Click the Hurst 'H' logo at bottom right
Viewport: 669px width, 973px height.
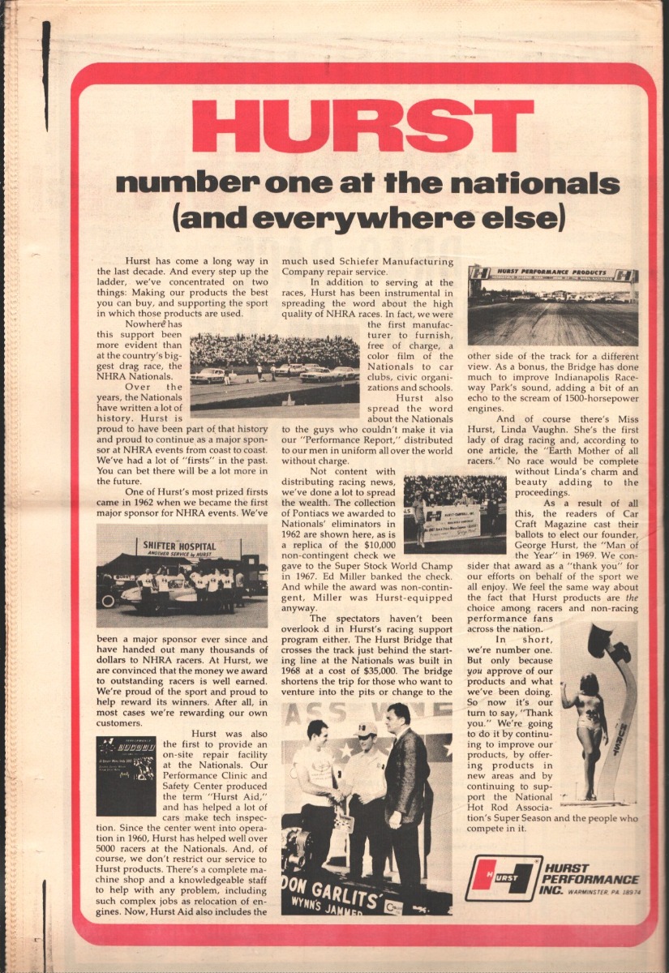[x=503, y=879]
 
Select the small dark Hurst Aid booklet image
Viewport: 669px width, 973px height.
[x=126, y=775]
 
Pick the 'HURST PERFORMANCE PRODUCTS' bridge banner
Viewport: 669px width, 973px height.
[x=552, y=273]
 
